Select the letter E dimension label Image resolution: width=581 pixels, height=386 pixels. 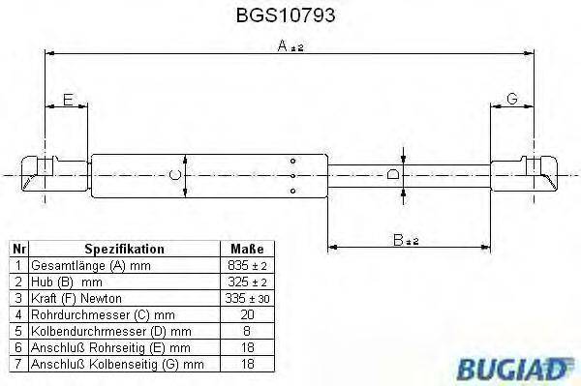(68, 100)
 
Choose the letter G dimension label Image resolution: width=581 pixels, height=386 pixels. (512, 100)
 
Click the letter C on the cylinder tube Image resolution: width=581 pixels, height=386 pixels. (172, 174)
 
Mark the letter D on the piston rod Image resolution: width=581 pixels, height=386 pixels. (391, 174)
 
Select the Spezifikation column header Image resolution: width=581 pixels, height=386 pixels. (124, 249)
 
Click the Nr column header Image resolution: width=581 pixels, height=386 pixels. (18, 249)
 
